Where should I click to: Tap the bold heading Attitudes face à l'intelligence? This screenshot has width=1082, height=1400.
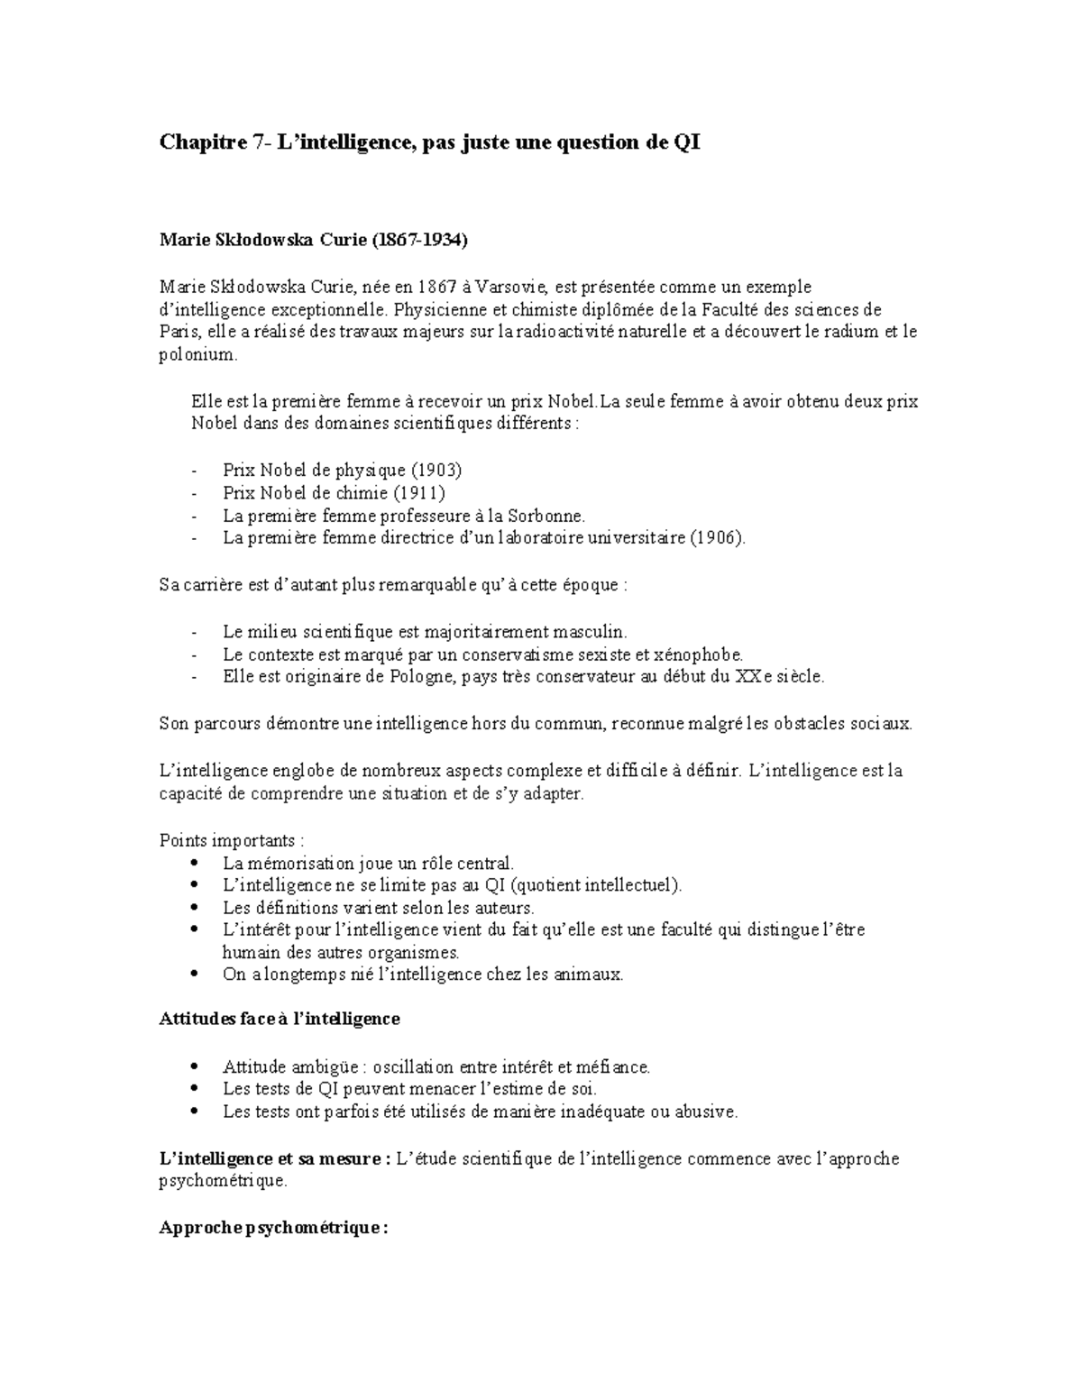tap(280, 1020)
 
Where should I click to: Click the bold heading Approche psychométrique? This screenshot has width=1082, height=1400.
tap(273, 1229)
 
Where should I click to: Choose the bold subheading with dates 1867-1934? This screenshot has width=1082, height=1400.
tap(314, 241)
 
